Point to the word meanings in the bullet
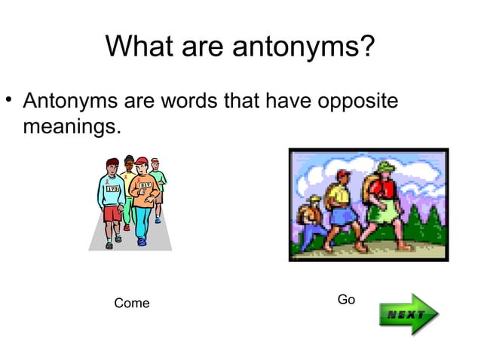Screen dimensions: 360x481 coord(71,126)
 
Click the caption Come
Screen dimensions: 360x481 coord(131,303)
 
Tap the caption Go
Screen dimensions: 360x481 coord(346,300)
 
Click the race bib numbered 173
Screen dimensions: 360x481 coord(112,189)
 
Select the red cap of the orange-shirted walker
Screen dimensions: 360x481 coord(141,161)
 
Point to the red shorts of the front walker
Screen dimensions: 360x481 coord(112,214)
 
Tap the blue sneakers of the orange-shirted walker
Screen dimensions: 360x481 coord(141,241)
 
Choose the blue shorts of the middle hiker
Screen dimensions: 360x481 coord(344,217)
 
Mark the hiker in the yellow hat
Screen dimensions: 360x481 coord(311,218)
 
